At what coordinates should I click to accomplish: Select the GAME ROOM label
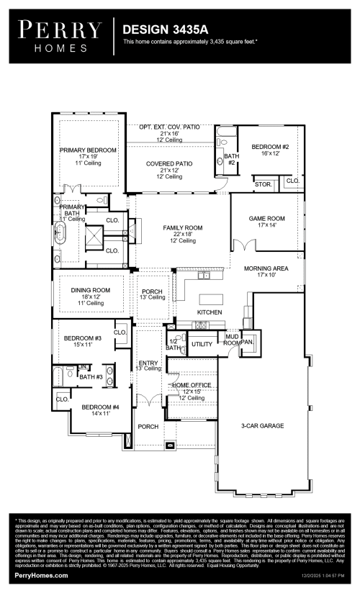pyautogui.click(x=267, y=218)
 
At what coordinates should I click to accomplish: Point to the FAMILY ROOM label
pyautogui.click(x=182, y=227)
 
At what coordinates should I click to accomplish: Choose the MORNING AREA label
pyautogui.click(x=266, y=268)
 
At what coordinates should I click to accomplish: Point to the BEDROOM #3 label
pyautogui.click(x=82, y=338)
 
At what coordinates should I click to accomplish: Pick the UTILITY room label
pyautogui.click(x=202, y=345)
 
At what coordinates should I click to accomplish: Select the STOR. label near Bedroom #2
pyautogui.click(x=264, y=184)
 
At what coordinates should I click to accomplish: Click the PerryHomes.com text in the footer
pyautogui.click(x=42, y=575)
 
